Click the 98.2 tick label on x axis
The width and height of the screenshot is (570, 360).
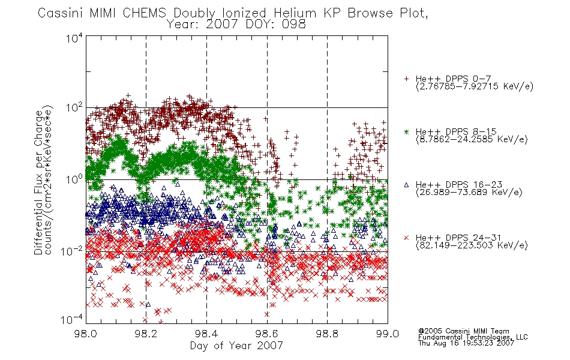coord(146,334)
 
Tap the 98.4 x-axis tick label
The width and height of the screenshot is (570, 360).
coord(206,334)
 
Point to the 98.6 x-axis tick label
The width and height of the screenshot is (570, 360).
coord(267,334)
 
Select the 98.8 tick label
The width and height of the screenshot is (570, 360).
coord(327,334)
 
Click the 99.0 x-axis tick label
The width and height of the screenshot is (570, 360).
coord(388,334)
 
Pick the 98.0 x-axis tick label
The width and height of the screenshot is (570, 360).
coord(86,334)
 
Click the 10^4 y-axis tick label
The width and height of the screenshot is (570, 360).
coord(74,38)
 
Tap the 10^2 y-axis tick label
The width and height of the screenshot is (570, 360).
coord(74,108)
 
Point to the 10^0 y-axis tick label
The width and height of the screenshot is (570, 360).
coord(74,179)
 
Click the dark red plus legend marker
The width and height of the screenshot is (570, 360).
coord(406,79)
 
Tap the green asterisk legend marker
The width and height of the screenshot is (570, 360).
coord(406,131)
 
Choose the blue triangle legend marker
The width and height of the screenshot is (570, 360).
coord(406,185)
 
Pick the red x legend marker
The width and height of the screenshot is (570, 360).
coord(406,238)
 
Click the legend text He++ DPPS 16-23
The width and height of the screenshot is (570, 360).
coord(459,184)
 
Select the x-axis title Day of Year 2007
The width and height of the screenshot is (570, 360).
coord(236,346)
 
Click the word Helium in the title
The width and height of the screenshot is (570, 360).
coord(295,13)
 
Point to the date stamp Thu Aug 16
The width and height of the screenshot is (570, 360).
coord(437,343)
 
